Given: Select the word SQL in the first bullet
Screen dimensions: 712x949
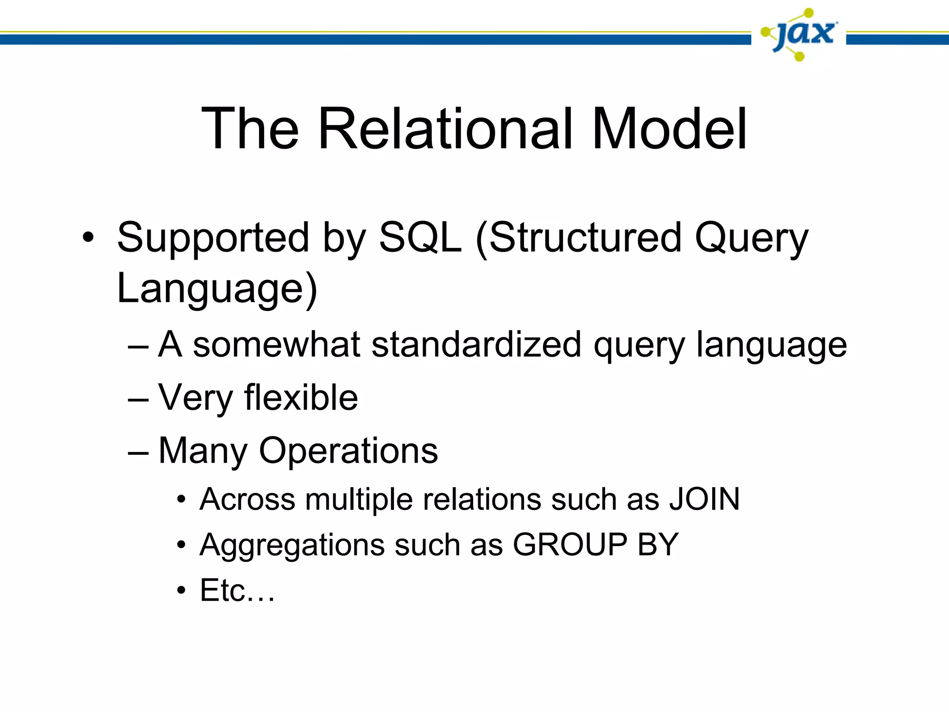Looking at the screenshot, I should pyautogui.click(x=420, y=238).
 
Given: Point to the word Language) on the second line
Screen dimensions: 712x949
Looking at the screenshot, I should pyautogui.click(x=217, y=289).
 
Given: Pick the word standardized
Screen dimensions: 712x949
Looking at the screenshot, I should pyautogui.click(x=476, y=345).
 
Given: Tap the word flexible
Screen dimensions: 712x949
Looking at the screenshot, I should pyautogui.click(x=301, y=398).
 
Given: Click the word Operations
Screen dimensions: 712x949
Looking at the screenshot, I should pyautogui.click(x=348, y=451).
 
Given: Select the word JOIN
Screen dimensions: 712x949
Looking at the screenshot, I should pyautogui.click(x=704, y=500).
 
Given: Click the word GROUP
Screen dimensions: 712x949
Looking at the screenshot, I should pyautogui.click(x=569, y=545).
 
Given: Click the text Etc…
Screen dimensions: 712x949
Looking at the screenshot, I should pyautogui.click(x=237, y=591).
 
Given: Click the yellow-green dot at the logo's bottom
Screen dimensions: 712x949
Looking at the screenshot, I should pyautogui.click(x=799, y=57).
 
